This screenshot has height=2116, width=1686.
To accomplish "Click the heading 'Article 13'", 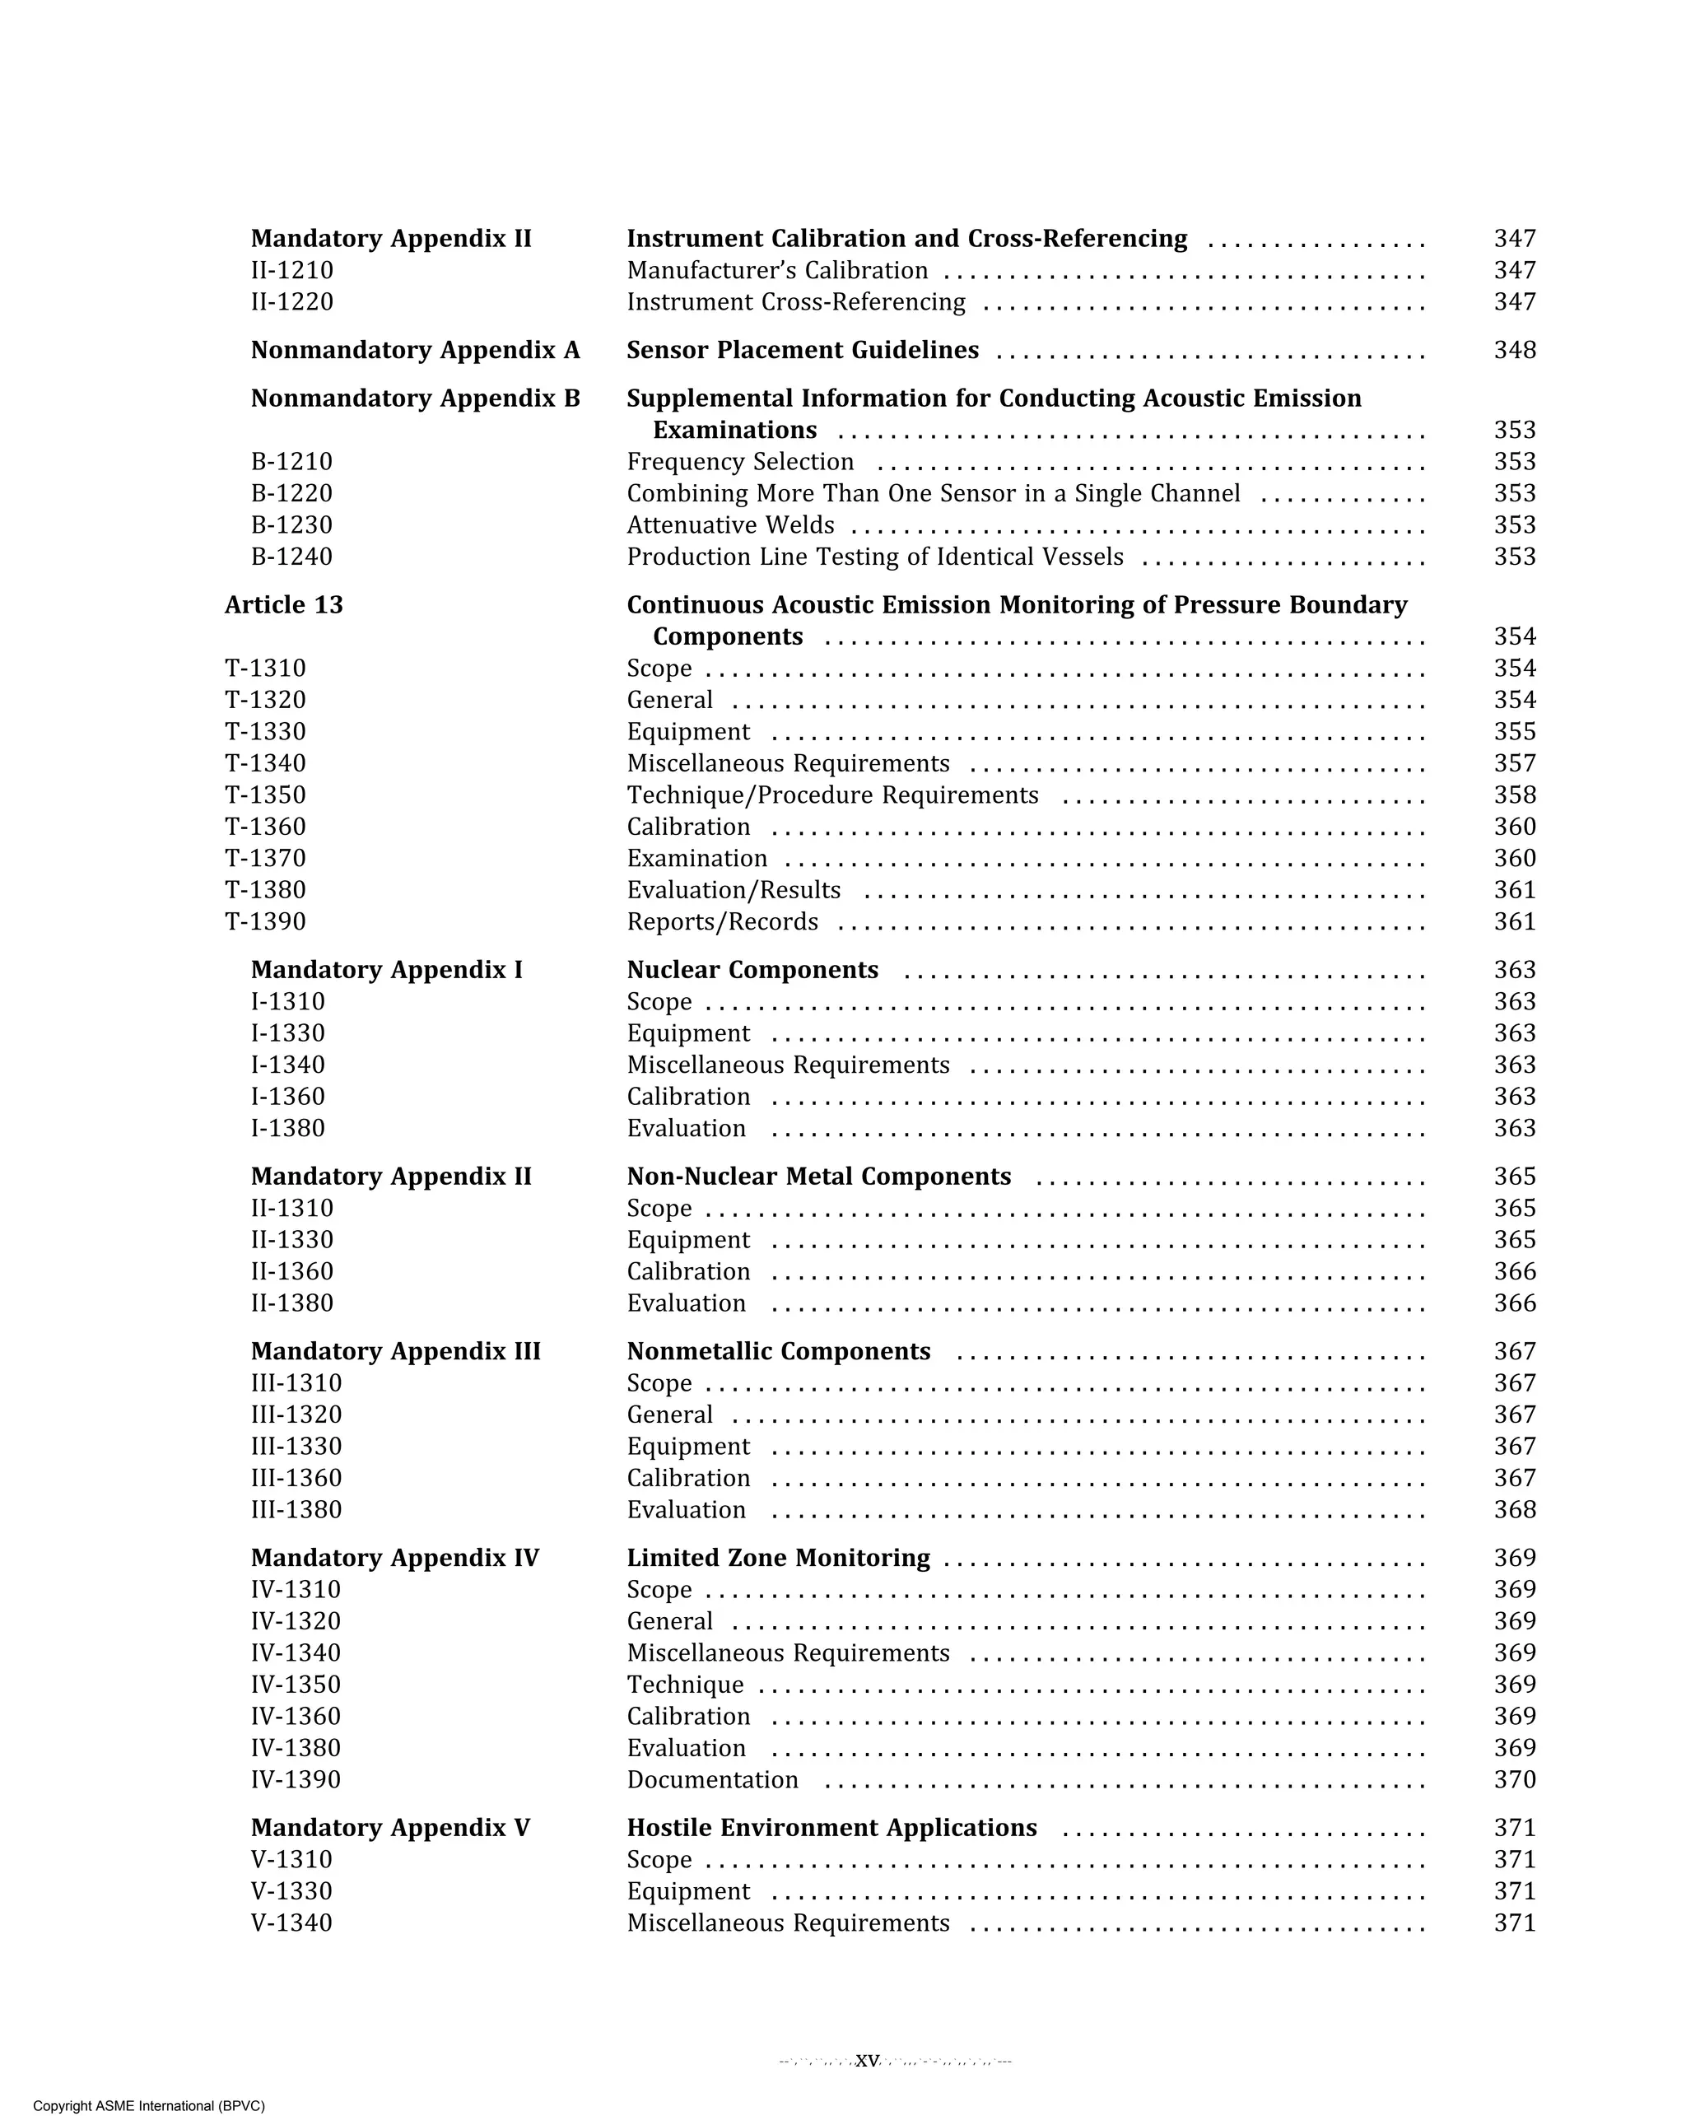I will coord(284,604).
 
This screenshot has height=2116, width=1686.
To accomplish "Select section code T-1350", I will coord(265,795).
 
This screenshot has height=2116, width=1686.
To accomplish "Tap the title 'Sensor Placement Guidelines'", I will coord(802,351).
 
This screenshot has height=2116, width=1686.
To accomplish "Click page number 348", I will coord(1514,351).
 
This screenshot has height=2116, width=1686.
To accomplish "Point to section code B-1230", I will coord(291,525).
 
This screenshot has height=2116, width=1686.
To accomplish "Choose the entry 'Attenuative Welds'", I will coord(730,525).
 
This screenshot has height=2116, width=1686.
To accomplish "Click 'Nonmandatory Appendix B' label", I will coord(415,398).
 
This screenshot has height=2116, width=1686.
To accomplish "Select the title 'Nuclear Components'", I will coord(752,970).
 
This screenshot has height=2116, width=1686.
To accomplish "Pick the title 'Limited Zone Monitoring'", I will coord(778,1558).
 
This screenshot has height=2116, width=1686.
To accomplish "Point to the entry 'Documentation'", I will coord(712,1779).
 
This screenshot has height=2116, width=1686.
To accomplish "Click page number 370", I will coord(1514,1779).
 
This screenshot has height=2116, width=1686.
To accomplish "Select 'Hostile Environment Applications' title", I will coord(831,1828).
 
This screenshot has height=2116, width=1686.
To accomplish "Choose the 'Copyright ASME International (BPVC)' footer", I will coord(149,2105).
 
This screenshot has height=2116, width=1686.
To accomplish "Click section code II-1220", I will coord(291,302).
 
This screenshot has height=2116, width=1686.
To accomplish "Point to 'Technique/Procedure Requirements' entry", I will coord(832,795).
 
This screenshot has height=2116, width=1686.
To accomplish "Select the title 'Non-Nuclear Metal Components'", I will coord(818,1177).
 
